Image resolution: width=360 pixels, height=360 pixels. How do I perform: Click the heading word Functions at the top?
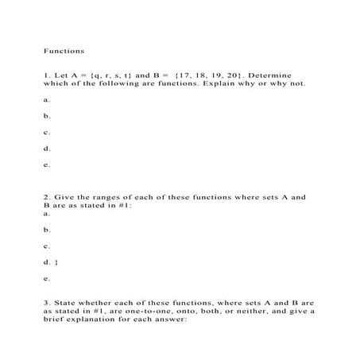tap(64, 50)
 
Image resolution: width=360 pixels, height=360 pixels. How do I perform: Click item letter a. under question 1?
tap(47, 100)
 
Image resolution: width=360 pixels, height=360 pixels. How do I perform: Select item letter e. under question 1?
tap(47, 165)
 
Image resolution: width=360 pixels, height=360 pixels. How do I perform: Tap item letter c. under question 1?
tap(47, 132)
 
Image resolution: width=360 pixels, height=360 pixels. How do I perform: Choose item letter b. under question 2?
tap(47, 230)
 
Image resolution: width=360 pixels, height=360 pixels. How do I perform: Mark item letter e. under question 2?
tap(47, 279)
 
